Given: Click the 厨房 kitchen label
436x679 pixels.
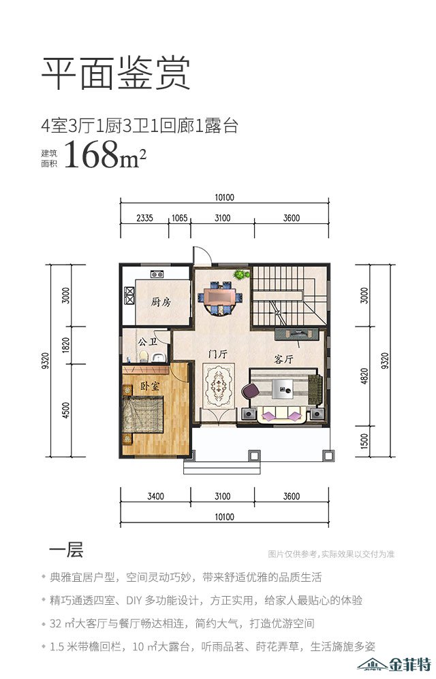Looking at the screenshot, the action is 161,302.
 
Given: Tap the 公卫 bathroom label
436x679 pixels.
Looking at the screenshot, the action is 147,342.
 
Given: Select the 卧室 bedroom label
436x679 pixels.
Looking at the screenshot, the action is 149,386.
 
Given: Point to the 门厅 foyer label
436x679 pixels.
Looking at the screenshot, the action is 217,354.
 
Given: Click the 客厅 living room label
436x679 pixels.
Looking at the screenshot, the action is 284,359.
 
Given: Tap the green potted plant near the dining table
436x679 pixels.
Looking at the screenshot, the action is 241,274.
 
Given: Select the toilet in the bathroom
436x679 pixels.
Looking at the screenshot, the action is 144,356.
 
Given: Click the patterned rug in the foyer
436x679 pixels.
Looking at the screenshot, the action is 219,385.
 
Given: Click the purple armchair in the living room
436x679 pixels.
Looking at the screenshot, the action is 249,391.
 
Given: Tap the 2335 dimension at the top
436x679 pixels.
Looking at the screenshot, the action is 144,218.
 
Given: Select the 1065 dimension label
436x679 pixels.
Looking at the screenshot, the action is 179,218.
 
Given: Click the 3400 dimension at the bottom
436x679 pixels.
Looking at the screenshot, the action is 155,496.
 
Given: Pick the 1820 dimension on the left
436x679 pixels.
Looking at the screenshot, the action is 66,345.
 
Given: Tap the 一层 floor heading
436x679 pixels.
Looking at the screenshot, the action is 65,550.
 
